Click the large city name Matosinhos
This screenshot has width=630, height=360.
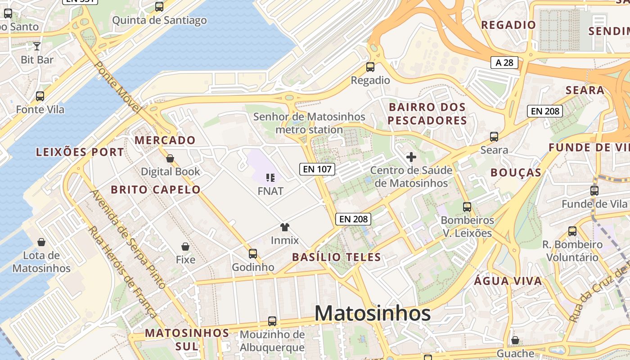pos(373,313)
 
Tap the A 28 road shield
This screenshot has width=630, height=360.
pos(504,63)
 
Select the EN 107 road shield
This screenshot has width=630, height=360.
pos(317,169)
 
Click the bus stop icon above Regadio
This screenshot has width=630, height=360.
pos(370,67)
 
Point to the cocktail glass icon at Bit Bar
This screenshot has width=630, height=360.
pos(37,46)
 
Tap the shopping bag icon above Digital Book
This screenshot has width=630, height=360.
pos(170,158)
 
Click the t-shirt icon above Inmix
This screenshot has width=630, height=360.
pos(284,227)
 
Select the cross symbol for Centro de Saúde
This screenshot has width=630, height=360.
pos(411,157)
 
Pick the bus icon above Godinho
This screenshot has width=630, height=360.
pos(253,253)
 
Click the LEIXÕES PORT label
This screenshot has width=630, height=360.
pos(80,152)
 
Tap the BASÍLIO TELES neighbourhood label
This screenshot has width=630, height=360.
pos(336,257)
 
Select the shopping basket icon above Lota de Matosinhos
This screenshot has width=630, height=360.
pos(41,242)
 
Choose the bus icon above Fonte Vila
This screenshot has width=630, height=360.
pos(40,96)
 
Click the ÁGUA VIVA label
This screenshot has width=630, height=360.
pos(508,281)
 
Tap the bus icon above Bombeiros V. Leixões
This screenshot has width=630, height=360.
pos(467,207)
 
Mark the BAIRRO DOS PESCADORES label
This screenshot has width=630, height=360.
pos(427,114)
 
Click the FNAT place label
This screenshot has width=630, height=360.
pos(270,191)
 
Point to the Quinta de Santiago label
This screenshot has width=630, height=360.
pos(159,20)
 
